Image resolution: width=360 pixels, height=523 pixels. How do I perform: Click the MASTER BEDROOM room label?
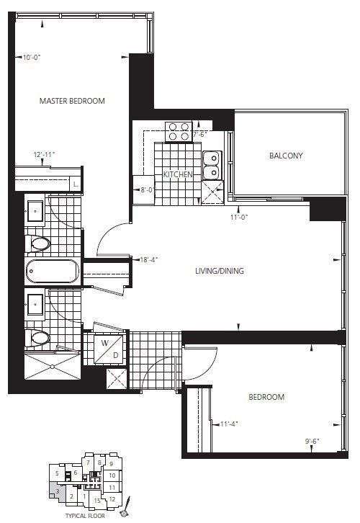(x=72, y=101)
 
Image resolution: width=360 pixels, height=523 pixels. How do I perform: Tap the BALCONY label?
(x=286, y=156)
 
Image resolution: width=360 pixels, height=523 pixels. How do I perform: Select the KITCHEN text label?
(x=176, y=175)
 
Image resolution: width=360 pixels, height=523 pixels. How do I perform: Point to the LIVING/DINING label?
(x=220, y=271)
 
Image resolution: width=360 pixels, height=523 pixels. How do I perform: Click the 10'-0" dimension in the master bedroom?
(x=33, y=57)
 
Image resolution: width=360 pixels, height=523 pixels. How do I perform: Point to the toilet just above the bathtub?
(x=39, y=243)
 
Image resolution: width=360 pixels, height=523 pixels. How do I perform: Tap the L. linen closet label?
(x=76, y=185)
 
